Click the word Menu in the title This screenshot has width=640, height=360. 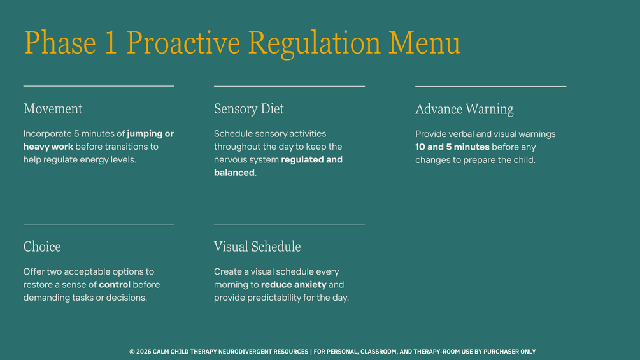424,43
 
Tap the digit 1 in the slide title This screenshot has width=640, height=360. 111,43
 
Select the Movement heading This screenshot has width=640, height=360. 53,108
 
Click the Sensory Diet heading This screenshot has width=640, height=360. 248,108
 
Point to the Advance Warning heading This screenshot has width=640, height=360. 464,109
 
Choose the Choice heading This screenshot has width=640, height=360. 42,247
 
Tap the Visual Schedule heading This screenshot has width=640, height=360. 257,247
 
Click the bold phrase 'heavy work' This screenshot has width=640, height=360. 48,147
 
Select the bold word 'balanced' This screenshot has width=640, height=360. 234,173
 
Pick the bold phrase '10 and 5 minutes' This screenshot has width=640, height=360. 452,147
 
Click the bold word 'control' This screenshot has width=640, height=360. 115,284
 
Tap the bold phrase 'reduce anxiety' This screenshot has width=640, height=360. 294,284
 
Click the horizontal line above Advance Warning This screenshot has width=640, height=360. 490,86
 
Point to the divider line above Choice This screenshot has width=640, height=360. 99,224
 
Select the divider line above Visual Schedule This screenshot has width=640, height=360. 289,224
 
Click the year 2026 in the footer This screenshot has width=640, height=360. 144,352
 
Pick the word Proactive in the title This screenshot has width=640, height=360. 183,43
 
